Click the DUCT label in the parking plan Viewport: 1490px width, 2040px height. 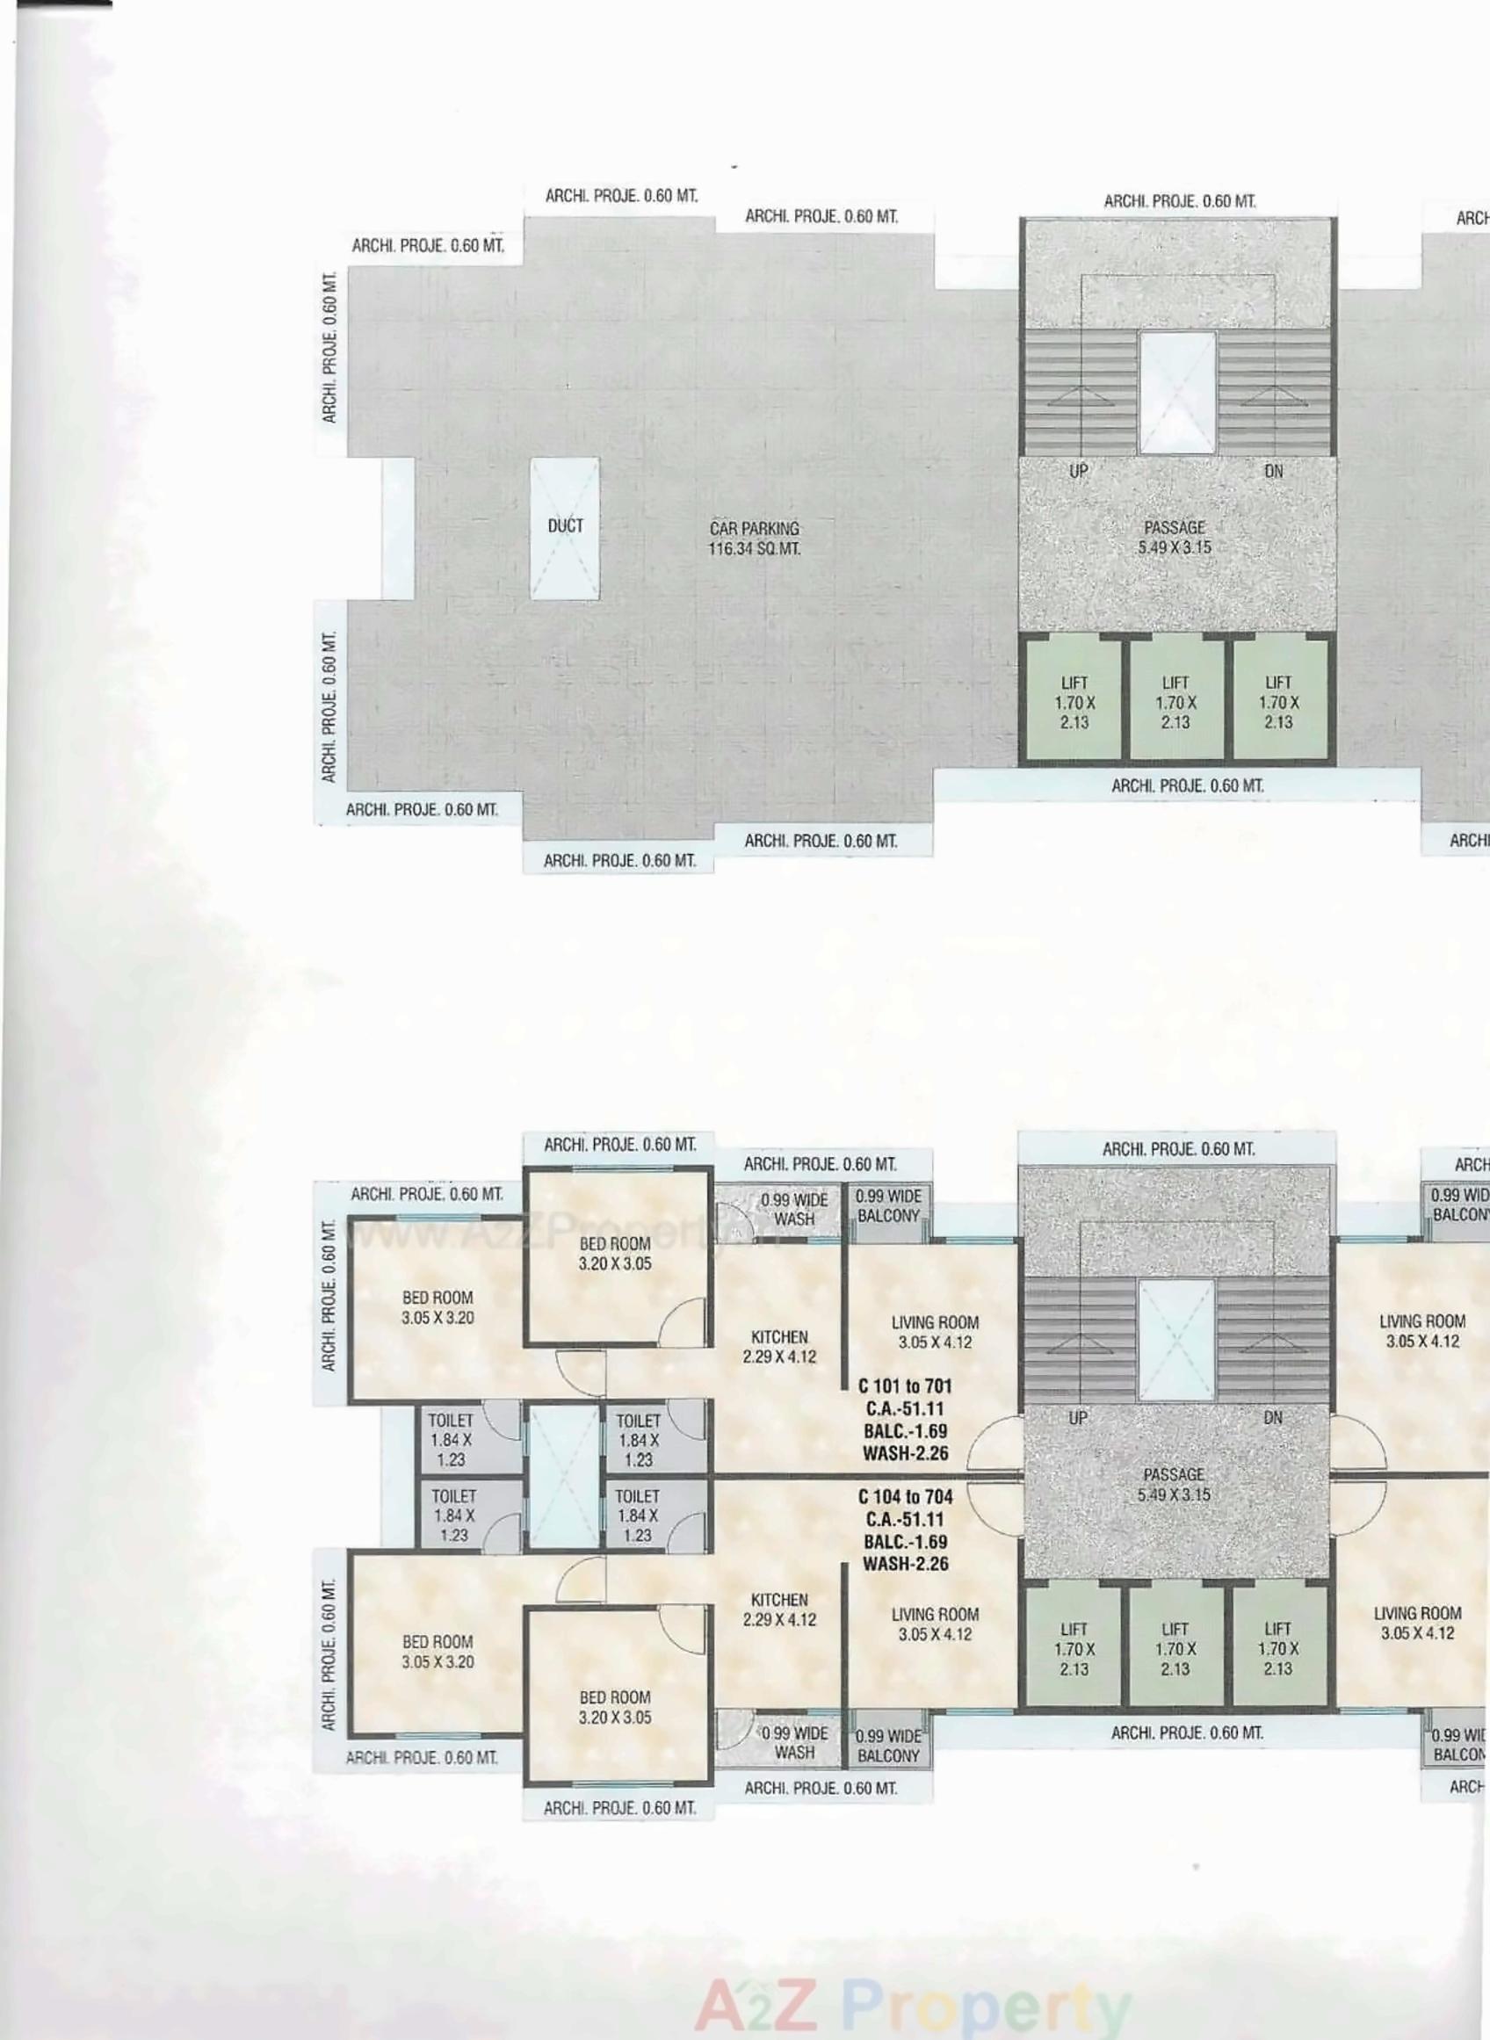tap(566, 525)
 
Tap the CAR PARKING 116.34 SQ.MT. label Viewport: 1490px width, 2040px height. tap(754, 539)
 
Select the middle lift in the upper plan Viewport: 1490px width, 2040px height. tap(1175, 703)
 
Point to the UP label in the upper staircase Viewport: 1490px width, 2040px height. tap(1079, 471)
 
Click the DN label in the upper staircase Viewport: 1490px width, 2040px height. tap(1274, 471)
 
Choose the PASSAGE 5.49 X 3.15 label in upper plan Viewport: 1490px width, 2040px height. tap(1175, 538)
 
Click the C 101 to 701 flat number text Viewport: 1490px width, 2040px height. tap(905, 1386)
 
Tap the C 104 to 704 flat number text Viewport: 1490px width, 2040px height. tap(905, 1497)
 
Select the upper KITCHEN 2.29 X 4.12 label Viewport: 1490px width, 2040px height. tap(780, 1347)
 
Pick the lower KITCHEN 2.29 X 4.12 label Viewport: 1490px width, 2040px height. tap(780, 1610)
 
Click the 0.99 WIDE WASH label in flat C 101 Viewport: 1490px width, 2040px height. tap(793, 1210)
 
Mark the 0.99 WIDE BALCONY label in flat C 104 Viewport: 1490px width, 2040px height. tap(888, 1746)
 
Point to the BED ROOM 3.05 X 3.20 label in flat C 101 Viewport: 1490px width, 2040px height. tap(438, 1307)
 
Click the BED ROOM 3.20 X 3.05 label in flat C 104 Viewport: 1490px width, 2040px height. tap(615, 1707)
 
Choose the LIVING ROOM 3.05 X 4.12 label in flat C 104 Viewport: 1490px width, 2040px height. tap(935, 1624)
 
